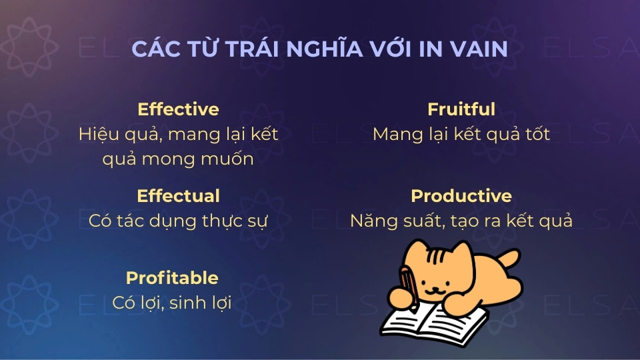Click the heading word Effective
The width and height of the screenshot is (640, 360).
click(x=178, y=109)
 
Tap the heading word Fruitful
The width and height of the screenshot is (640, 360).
click(x=461, y=109)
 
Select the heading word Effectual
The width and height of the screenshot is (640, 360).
click(x=178, y=196)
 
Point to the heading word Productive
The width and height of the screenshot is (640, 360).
click(x=461, y=196)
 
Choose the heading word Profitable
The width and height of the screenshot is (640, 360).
click(x=172, y=278)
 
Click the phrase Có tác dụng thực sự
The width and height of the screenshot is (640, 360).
click(x=178, y=221)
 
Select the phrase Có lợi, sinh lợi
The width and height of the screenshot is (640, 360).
click(x=172, y=303)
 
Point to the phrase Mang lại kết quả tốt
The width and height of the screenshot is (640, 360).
click(x=461, y=134)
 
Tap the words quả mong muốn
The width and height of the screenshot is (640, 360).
click(x=178, y=159)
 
